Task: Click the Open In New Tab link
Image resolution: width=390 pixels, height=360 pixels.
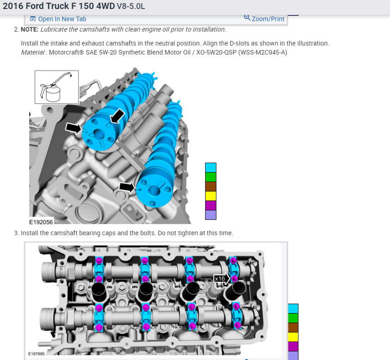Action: point(58,19)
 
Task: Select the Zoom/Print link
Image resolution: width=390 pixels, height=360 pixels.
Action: point(268,19)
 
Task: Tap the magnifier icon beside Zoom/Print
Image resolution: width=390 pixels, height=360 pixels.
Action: point(247,18)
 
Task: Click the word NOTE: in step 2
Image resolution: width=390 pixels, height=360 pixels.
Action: point(30,29)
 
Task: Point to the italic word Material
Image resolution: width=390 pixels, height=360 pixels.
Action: point(32,52)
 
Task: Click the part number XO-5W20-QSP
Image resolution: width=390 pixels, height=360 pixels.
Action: point(216,52)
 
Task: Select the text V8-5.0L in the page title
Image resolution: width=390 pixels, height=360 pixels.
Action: point(131,6)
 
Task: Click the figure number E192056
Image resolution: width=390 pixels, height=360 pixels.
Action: point(41,222)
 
